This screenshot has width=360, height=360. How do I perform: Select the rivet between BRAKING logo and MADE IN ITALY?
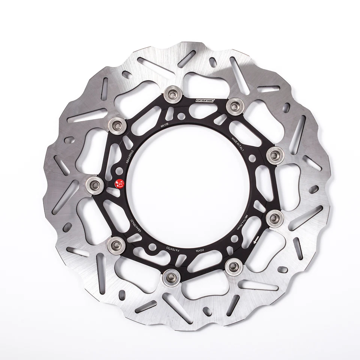tap(235, 103)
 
